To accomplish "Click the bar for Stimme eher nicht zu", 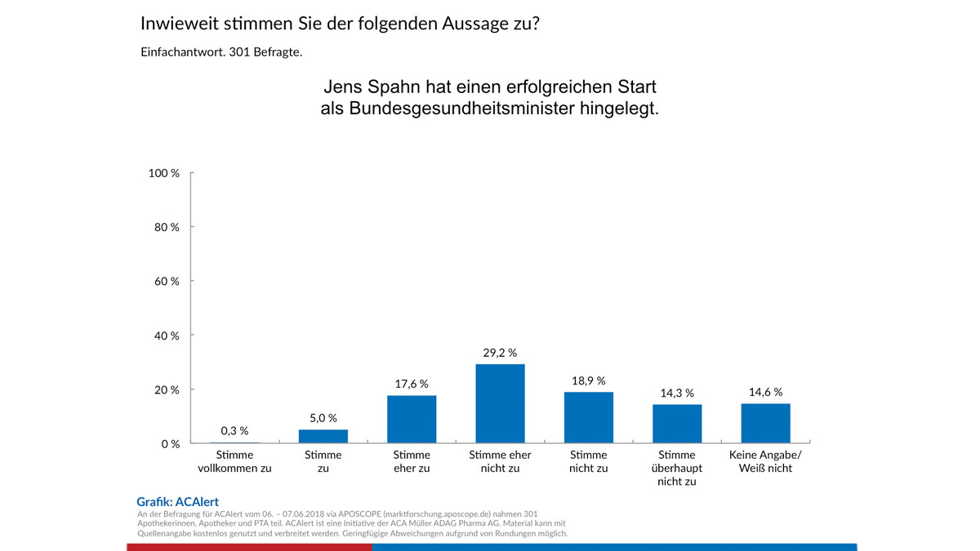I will coord(500,403).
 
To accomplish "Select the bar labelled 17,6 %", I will coord(412,419).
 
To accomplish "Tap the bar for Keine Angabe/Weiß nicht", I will coord(765,423).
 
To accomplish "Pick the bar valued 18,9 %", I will coord(588,417).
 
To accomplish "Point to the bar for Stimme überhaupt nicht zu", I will coord(676,424).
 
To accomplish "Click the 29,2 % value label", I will coord(500,353).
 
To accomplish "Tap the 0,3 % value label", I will coord(234,430).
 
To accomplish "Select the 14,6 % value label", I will coord(765,392).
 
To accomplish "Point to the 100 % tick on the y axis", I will coord(164,173).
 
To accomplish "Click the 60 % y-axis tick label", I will coord(167,281).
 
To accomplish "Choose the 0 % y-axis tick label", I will coord(170,444).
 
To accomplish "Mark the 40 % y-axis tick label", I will coord(167,335).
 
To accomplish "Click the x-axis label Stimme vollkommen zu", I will coord(234,462).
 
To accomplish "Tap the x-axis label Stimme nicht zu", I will coord(588,462).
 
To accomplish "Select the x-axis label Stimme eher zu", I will coord(412,462).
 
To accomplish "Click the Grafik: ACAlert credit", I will coord(177,502).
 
